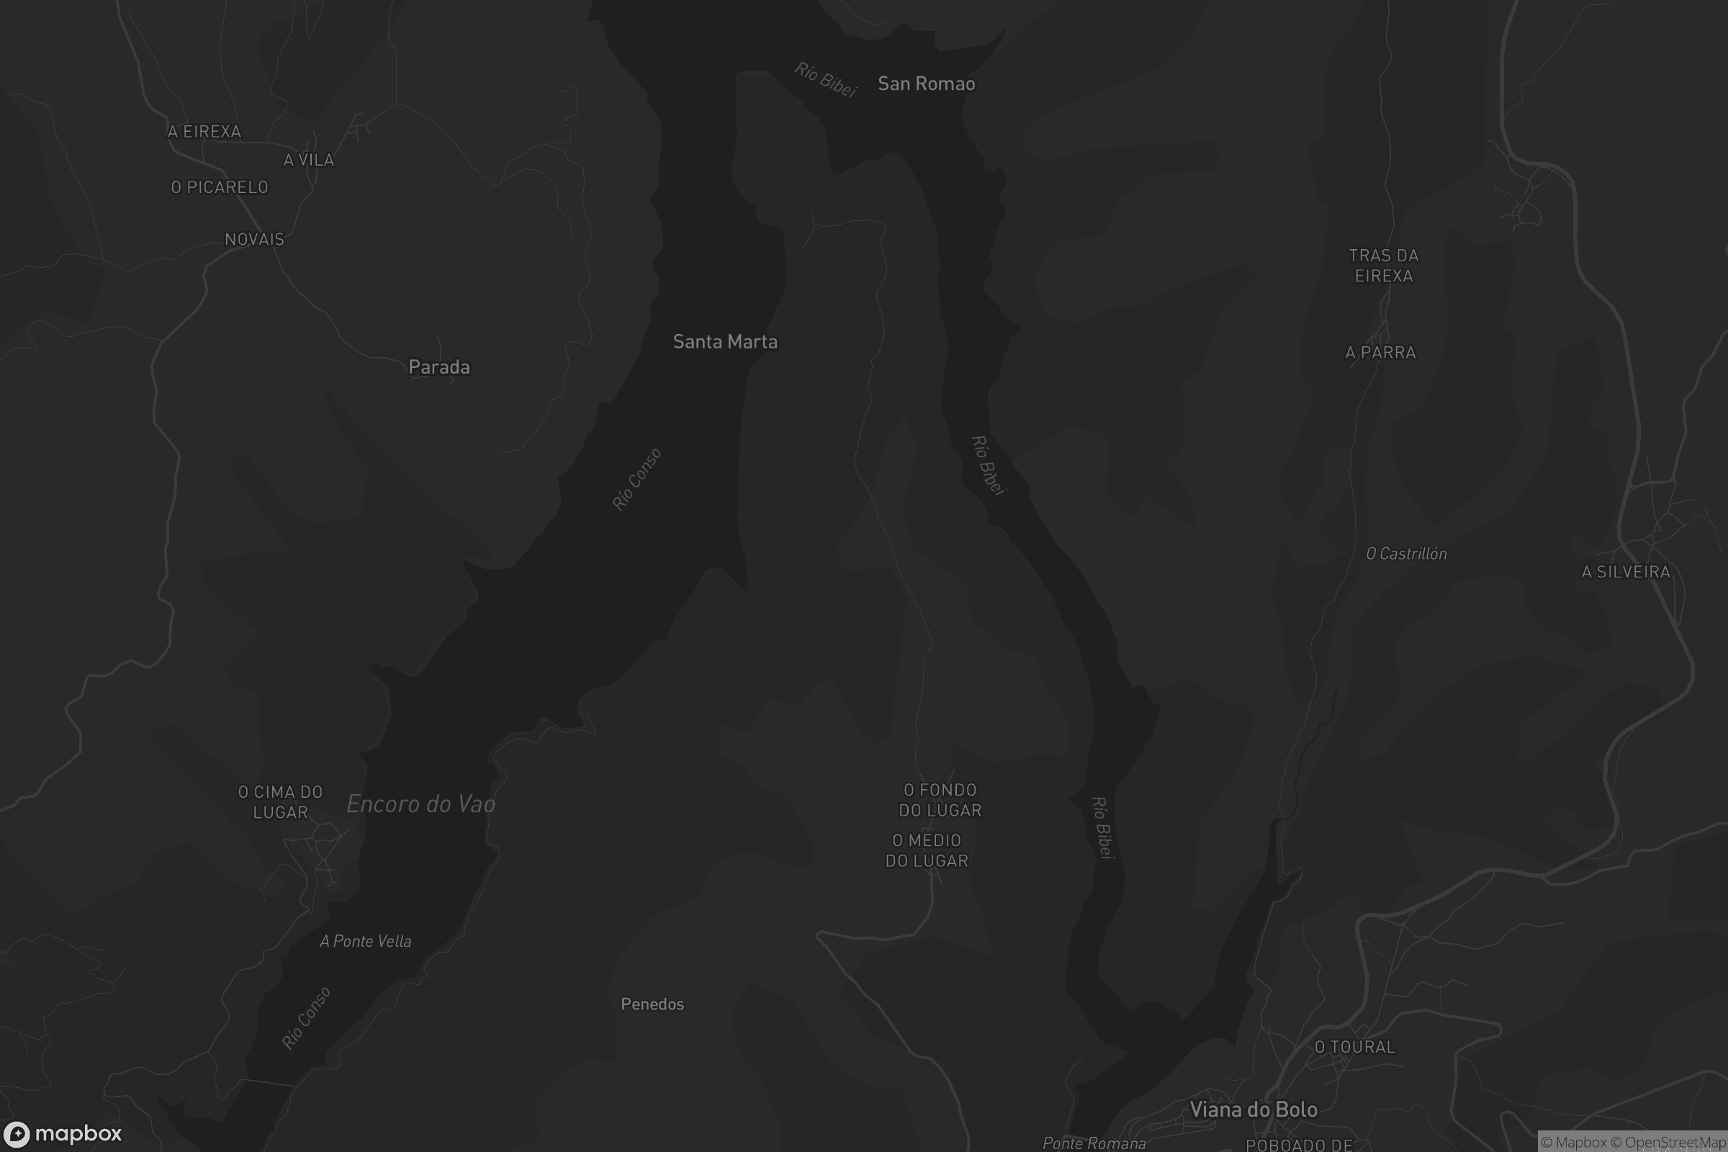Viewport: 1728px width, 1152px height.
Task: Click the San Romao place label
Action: pos(927,84)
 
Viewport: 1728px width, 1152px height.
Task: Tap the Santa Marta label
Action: pos(725,341)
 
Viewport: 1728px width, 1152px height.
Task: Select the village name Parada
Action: pos(438,366)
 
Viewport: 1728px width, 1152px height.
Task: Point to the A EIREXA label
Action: pos(204,132)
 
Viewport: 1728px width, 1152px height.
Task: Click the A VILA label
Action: pos(309,159)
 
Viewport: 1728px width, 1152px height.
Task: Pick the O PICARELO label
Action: pos(220,187)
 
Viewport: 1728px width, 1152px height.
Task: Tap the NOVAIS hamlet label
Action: pos(254,239)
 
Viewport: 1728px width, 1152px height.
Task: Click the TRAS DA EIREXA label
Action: pos(1383,265)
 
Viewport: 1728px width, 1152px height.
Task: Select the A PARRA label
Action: pos(1380,353)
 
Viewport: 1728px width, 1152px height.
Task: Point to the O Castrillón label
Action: pos(1406,554)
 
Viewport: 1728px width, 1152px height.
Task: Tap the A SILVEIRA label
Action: pos(1626,572)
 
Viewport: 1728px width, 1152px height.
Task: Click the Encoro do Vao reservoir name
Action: pos(421,804)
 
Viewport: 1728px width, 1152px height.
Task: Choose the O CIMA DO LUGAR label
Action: pos(281,802)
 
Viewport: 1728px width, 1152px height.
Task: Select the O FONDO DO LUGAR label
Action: pos(940,800)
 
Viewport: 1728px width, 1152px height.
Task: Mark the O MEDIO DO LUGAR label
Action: pos(927,850)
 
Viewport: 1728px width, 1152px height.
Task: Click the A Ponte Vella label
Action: pos(365,941)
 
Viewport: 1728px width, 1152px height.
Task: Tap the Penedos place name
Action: pos(652,1004)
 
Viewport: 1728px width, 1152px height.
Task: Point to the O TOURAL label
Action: pos(1355,1047)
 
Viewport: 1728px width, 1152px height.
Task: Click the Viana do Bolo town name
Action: pos(1254,1110)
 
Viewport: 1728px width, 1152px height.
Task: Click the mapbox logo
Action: pos(62,1133)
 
